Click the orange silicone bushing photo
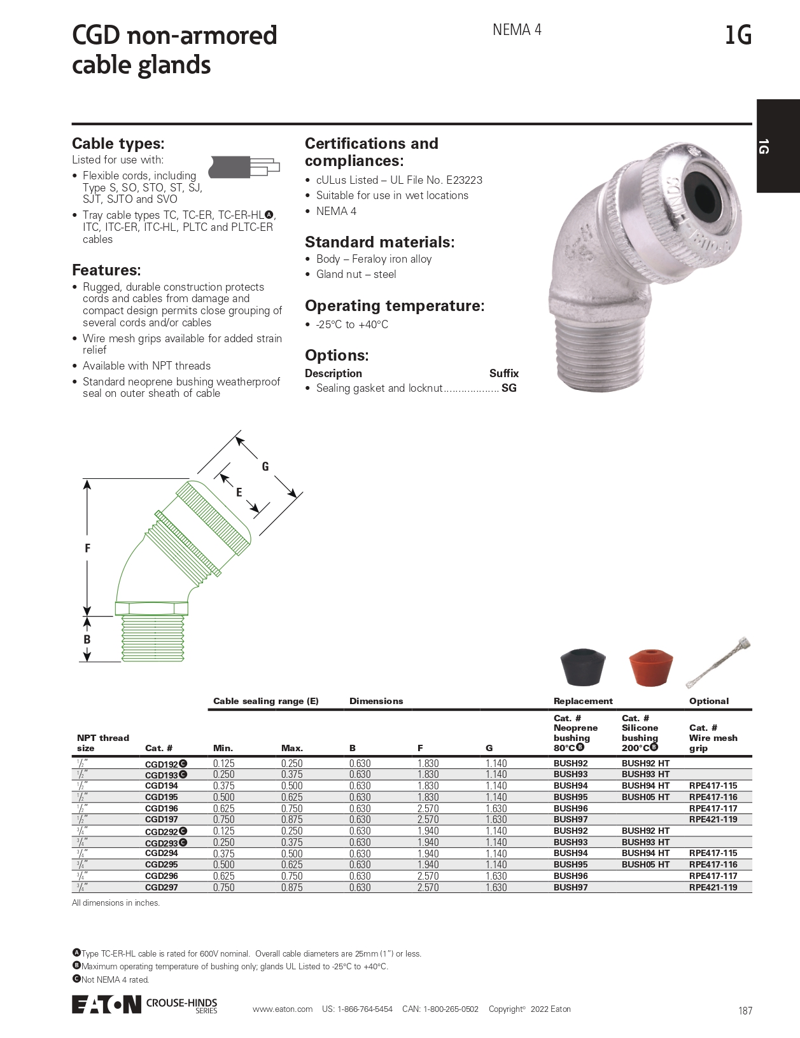[650, 667]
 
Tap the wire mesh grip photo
[719, 662]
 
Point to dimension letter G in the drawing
[265, 466]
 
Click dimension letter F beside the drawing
[87, 548]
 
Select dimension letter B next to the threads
[87, 639]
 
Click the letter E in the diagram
[239, 492]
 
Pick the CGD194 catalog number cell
[162, 785]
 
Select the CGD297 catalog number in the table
[162, 887]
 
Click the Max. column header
[292, 748]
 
